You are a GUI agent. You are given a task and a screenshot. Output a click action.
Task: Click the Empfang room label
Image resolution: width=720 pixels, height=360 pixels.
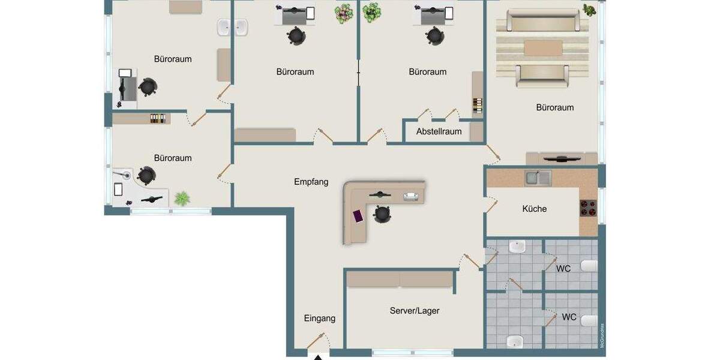[311, 182]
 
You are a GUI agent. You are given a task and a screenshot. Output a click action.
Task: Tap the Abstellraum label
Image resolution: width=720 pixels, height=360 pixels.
[439, 131]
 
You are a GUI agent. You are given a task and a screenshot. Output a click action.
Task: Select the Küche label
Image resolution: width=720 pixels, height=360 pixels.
[534, 209]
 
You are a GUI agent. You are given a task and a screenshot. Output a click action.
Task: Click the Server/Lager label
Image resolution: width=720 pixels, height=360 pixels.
[414, 311]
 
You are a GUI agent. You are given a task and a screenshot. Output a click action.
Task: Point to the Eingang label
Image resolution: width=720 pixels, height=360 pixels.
[319, 319]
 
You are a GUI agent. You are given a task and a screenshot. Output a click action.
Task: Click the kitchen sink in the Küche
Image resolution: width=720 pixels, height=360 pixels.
[538, 178]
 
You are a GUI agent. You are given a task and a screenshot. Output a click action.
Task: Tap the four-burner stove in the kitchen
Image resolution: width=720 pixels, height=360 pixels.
[587, 208]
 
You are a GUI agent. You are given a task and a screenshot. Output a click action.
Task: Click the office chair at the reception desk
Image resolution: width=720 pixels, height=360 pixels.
[382, 213]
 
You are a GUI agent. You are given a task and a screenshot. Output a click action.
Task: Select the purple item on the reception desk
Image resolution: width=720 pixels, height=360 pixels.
[358, 215]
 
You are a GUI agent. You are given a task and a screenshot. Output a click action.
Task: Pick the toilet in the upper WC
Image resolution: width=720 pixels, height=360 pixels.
[589, 266]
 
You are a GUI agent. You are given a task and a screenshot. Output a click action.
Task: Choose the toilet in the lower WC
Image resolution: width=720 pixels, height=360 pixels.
[589, 320]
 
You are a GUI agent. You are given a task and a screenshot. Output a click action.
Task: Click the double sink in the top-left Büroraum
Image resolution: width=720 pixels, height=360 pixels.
[232, 28]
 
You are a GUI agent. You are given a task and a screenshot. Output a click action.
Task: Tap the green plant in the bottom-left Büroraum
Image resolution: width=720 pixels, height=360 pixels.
[181, 197]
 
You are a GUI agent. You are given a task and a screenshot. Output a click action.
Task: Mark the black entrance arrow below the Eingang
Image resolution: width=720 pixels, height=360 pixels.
[319, 358]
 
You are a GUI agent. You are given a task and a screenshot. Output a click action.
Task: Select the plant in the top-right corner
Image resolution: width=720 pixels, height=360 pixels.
[589, 10]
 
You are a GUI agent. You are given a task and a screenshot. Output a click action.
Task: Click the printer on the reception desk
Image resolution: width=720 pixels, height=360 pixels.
[412, 196]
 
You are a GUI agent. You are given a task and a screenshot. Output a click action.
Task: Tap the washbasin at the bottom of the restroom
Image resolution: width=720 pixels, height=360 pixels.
[515, 341]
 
